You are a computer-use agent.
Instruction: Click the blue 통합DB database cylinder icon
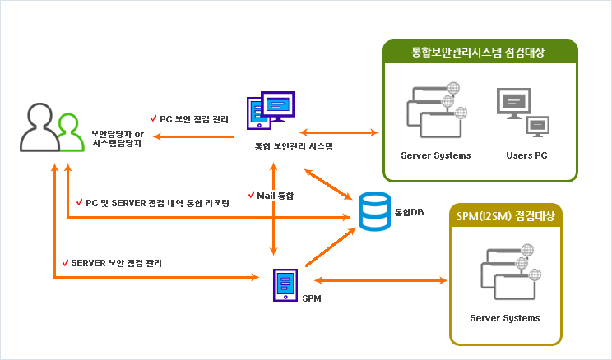(374, 211)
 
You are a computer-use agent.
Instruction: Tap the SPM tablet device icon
(285, 285)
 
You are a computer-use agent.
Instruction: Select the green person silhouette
(71, 132)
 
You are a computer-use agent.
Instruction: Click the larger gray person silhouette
(39, 127)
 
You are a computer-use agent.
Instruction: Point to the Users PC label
(526, 155)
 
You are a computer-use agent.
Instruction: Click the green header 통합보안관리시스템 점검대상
(478, 53)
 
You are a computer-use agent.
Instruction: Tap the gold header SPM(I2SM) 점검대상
(505, 215)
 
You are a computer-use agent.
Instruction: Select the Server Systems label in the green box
(436, 155)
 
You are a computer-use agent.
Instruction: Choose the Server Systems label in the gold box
(505, 318)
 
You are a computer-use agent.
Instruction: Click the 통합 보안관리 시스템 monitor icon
(271, 110)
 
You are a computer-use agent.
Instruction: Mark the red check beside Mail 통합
(252, 194)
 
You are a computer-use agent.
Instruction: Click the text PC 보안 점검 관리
(194, 119)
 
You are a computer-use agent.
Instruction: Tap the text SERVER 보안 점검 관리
(116, 263)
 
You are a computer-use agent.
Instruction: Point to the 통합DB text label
(409, 212)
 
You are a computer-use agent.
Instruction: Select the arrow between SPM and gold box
(381, 280)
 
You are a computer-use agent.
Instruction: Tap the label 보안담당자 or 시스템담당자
(118, 138)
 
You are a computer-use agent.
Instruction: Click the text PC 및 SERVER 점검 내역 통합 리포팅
(157, 203)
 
